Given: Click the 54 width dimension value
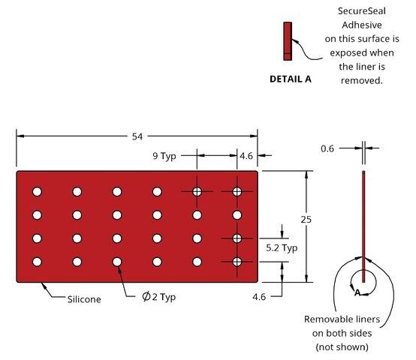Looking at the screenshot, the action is tap(137, 136).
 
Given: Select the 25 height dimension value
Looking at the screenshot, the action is tap(306, 220).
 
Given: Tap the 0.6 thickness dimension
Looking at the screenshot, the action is tap(327, 148).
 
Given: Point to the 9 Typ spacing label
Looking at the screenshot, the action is tap(164, 156).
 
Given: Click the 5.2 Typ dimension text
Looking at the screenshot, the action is tap(282, 248).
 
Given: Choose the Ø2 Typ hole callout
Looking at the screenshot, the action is tap(158, 297).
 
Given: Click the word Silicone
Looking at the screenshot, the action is tap(84, 299).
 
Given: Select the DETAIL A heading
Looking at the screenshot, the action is tap(291, 79).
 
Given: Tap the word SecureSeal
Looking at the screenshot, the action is tap(362, 11).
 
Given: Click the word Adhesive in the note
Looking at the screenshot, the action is tap(362, 25).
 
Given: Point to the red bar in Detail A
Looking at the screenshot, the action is tap(288, 41).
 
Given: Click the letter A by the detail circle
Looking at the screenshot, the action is tap(357, 292).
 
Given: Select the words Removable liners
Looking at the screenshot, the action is tap(342, 319).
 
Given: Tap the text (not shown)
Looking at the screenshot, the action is tap(342, 346).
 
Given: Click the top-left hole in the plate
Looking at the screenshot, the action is tap(37, 191).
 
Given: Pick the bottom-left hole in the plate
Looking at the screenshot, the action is tap(37, 262).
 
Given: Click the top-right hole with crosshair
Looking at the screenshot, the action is tap(237, 191).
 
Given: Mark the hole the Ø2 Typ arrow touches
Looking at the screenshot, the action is tap(117, 262).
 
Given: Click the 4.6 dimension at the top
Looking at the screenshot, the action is tap(246, 156).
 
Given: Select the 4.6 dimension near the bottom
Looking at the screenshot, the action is tap(259, 297).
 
